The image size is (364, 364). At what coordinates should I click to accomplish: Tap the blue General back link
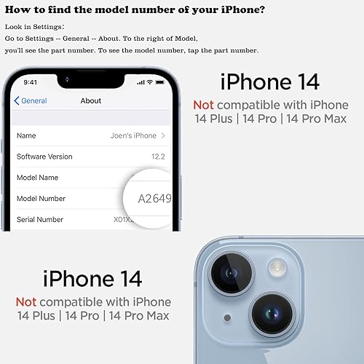[32, 101]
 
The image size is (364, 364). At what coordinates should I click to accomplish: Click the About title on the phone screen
[91, 101]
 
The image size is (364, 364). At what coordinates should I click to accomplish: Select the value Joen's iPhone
[133, 135]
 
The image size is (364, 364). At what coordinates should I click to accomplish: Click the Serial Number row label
[40, 219]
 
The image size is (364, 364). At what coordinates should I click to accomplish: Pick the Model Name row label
[38, 178]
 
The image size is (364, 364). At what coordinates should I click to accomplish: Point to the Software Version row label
[44, 157]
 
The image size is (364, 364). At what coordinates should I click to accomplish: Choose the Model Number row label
[41, 198]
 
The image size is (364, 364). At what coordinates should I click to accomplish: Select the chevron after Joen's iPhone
[163, 135]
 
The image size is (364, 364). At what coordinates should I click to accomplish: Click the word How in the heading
[16, 10]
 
